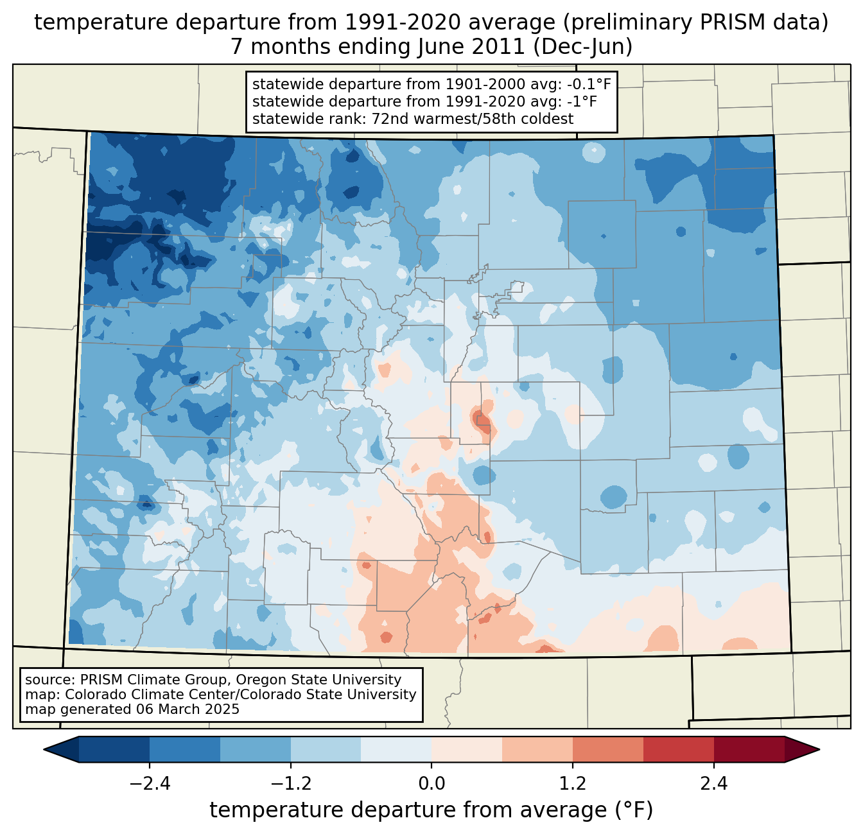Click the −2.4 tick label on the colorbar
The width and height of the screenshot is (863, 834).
(150, 784)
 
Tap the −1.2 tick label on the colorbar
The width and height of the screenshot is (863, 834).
(290, 784)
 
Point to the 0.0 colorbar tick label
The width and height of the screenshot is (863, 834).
(431, 784)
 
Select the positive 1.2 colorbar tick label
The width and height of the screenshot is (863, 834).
(573, 784)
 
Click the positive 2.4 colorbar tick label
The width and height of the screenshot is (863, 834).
(713, 784)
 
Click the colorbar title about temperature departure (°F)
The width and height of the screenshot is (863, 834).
(431, 810)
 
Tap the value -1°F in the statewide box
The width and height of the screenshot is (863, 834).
(582, 101)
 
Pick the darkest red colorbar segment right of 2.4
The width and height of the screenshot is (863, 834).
(749, 749)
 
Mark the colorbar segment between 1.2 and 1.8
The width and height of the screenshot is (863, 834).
(607, 749)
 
